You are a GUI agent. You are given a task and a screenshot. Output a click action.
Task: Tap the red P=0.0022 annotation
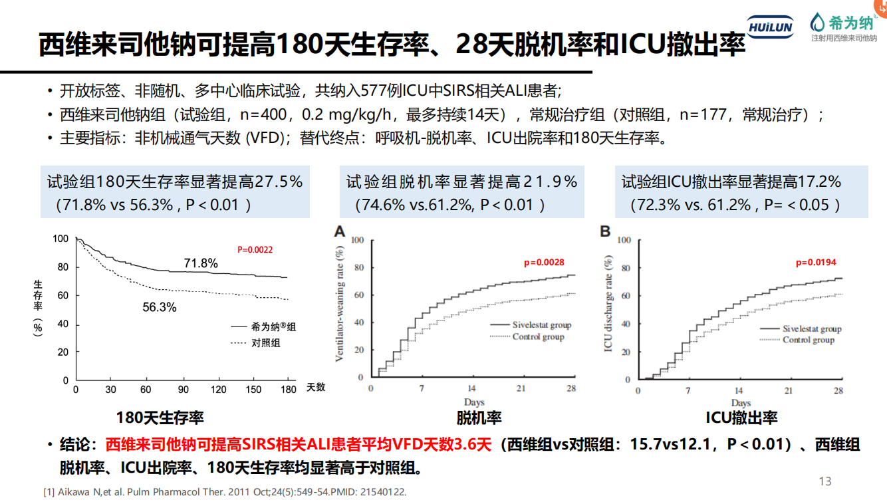point(255,250)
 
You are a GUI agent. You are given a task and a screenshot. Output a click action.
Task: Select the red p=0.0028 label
point(543,263)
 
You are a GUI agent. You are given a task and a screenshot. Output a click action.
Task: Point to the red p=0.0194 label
point(816,263)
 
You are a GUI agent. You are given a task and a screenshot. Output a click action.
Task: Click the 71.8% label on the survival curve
point(201,263)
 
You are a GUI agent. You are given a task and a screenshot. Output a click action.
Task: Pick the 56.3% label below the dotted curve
point(160,307)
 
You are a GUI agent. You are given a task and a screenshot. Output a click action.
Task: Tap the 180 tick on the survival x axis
point(288,389)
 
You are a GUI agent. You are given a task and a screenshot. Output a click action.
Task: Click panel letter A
point(340,231)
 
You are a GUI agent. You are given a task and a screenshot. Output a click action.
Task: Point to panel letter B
point(605,231)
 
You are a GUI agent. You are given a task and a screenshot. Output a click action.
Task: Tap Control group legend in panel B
point(808,340)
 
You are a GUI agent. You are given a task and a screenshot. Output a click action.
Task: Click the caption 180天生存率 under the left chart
point(160,418)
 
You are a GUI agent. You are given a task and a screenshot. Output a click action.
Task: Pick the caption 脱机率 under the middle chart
point(479,418)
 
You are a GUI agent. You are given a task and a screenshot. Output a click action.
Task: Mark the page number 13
point(825,481)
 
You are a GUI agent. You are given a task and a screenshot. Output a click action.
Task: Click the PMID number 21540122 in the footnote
point(382,492)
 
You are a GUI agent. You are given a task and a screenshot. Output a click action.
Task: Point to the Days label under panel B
point(741,403)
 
